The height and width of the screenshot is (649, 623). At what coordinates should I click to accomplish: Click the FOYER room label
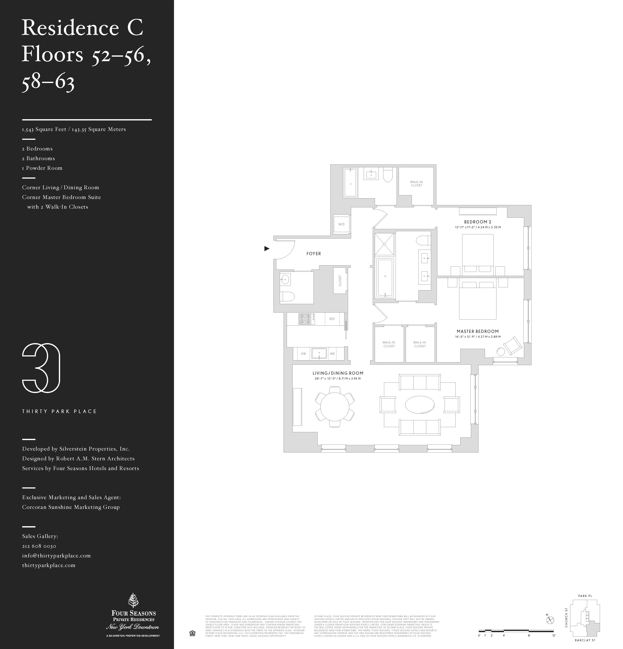[313, 254]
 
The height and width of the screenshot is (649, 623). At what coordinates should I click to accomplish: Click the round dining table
[335, 407]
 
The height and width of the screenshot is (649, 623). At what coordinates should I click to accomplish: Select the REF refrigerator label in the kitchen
[332, 319]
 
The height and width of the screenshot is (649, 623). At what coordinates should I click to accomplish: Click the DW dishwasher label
[303, 354]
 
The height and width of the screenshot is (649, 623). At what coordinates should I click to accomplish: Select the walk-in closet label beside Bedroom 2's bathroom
[416, 183]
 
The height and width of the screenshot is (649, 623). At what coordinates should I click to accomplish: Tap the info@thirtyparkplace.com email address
[56, 556]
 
